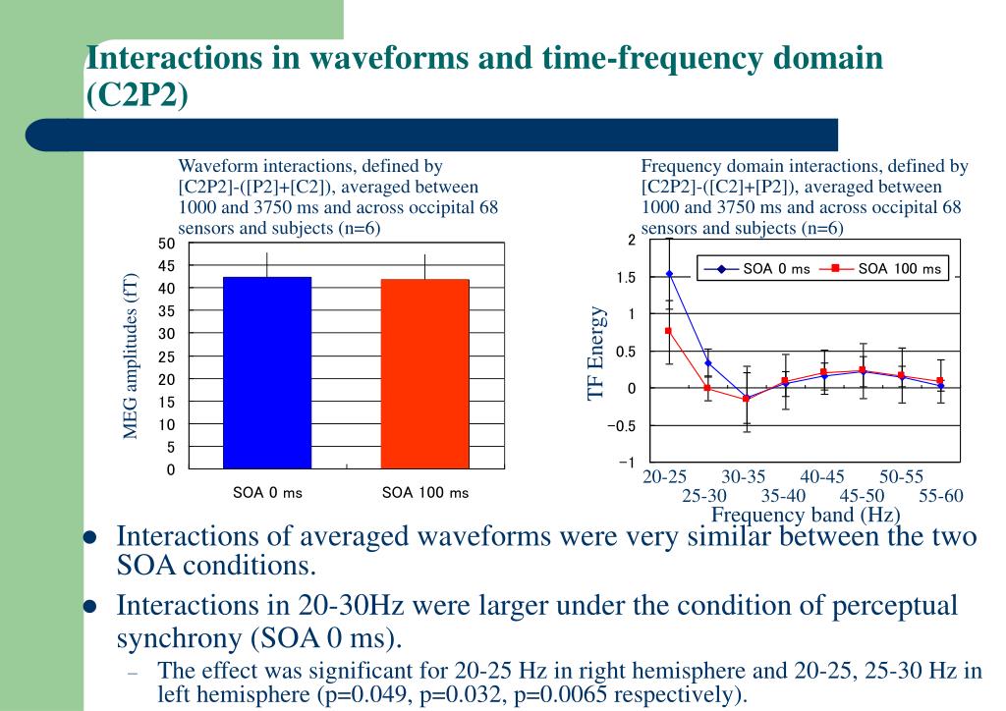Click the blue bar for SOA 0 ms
(x=267, y=373)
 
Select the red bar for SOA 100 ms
(x=424, y=375)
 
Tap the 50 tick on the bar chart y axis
(x=166, y=244)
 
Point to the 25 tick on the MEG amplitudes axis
(x=166, y=356)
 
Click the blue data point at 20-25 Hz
(x=669, y=274)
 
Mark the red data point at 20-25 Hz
(x=669, y=331)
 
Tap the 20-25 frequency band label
(x=665, y=477)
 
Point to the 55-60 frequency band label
(x=940, y=496)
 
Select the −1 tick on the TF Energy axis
(x=625, y=463)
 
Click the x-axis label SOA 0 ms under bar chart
(x=267, y=493)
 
